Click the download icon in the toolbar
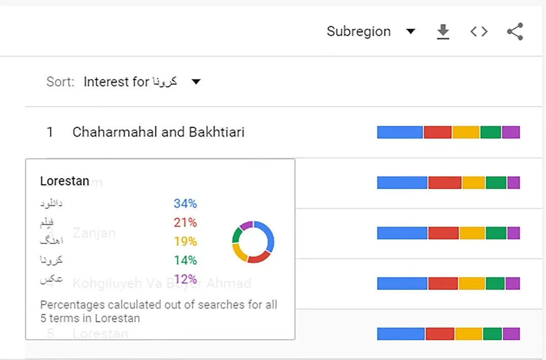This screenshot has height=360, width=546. click(x=443, y=32)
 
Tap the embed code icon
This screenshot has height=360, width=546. click(x=479, y=32)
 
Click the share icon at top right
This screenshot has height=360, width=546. click(x=515, y=32)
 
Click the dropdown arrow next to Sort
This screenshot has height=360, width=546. click(x=196, y=81)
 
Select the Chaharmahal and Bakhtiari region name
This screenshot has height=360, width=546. click(x=158, y=132)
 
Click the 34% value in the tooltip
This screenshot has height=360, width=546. click(x=185, y=204)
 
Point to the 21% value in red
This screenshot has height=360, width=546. click(x=185, y=223)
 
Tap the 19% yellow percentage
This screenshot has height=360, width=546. click(x=185, y=241)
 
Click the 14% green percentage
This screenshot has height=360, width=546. click(x=185, y=260)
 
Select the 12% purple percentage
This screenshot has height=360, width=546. click(x=185, y=279)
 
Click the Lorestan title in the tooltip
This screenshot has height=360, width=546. click(x=65, y=181)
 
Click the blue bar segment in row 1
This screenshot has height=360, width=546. click(x=399, y=132)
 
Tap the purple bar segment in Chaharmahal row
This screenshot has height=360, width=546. click(x=510, y=132)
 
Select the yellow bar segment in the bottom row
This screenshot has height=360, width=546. click(x=468, y=334)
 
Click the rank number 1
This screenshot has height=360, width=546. click(x=50, y=132)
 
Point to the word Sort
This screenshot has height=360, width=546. click(x=60, y=81)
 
